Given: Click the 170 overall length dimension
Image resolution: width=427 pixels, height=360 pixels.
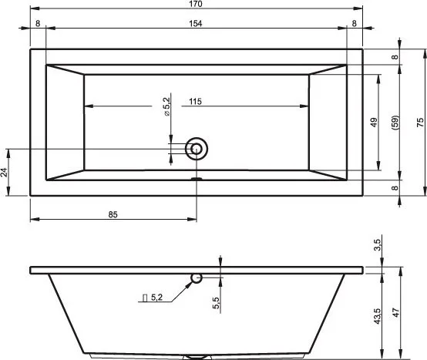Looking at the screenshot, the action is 196,4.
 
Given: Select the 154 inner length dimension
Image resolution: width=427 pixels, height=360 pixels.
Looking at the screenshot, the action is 196,24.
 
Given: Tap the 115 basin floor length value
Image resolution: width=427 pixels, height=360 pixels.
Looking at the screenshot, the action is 195,102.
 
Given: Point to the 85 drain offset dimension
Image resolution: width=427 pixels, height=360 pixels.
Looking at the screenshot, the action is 113,214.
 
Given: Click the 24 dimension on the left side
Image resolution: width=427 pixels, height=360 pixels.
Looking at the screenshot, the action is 4,172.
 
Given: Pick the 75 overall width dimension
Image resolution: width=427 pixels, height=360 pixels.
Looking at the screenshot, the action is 420,122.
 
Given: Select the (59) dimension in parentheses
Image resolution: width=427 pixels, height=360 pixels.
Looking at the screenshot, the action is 395,123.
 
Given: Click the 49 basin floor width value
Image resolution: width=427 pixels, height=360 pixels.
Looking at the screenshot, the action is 374,123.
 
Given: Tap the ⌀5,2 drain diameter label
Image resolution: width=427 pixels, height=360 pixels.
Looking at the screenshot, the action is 166,106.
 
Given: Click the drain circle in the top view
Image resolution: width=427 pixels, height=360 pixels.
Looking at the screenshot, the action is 197,149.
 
